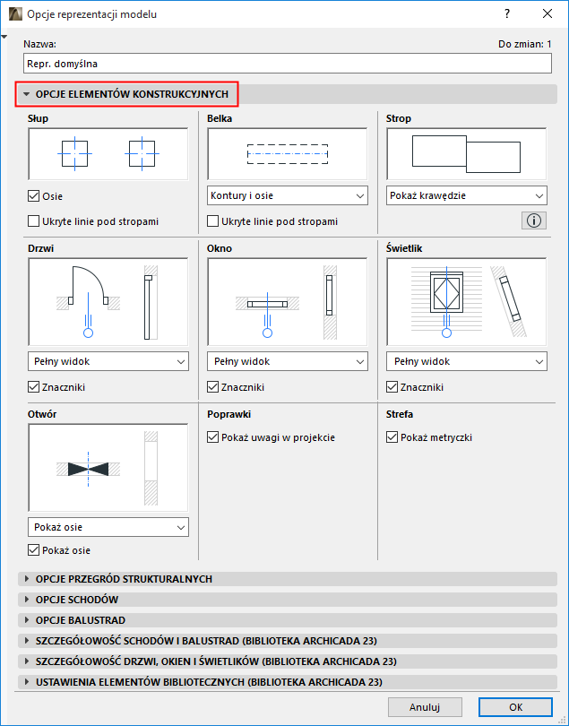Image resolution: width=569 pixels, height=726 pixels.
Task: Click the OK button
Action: [515, 707]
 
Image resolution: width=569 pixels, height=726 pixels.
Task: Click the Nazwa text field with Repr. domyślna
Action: [287, 64]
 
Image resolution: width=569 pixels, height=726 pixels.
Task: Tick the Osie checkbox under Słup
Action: [33, 196]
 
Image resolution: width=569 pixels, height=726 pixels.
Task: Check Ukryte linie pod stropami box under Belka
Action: [212, 221]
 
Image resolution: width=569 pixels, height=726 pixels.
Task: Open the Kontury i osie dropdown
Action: [287, 195]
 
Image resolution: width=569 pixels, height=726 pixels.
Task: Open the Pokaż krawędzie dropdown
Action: [466, 195]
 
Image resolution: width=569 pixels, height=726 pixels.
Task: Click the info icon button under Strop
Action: [534, 220]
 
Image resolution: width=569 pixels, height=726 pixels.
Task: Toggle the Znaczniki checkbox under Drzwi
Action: [33, 387]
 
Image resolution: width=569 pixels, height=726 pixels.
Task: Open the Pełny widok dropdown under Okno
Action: [287, 361]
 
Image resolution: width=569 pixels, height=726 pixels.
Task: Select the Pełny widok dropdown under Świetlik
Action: [466, 361]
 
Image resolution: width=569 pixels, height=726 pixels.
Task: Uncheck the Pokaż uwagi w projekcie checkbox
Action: [212, 437]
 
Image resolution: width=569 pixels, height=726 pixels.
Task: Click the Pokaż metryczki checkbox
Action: [392, 437]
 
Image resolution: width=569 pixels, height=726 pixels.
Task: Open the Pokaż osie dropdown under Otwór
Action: [108, 527]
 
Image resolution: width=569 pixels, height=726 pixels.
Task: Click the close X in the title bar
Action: [547, 13]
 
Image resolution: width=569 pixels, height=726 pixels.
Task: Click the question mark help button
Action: [507, 13]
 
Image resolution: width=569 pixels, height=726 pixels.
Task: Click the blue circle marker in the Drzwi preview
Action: [88, 333]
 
